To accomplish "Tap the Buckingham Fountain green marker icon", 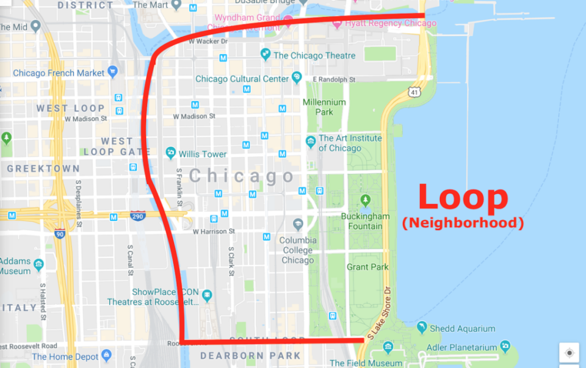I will pos(365,200).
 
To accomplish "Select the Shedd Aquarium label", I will pos(462,328).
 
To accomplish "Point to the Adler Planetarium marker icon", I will pos(505,347).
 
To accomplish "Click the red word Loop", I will pos(463,197).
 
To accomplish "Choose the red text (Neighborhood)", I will pos(463,223).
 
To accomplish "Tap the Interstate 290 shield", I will pos(138,215).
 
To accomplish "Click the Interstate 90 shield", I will pos(59,234).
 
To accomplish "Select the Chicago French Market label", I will pos(59,73).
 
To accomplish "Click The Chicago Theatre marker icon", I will pos(266,55).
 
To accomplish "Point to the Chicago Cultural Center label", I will pos(242,79).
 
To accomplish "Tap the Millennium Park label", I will pos(324,107).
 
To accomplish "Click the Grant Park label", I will pos(366,267).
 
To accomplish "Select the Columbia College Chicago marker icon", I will pos(298,224).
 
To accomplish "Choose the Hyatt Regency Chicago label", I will pos(391,23).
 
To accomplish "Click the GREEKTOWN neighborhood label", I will pos(43,168).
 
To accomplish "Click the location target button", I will pos(569,353).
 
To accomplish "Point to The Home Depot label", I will pos(66,356).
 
